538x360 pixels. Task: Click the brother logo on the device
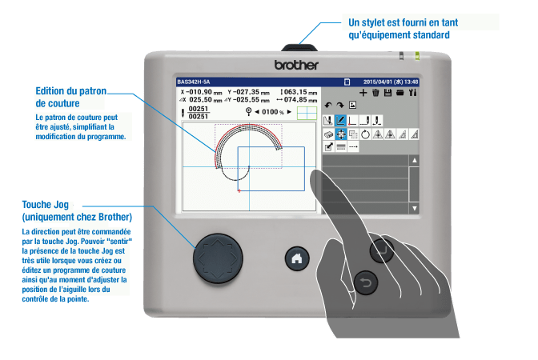[x=296, y=64]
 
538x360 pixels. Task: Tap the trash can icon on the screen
[x=375, y=93]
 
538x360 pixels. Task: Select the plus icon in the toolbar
[x=363, y=93]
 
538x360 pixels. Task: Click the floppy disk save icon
[x=387, y=93]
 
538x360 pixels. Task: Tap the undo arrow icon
[x=328, y=106]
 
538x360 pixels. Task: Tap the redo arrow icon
[x=340, y=106]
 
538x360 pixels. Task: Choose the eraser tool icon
[x=328, y=135]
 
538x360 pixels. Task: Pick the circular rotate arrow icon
[x=366, y=135]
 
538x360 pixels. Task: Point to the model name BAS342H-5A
[x=194, y=82]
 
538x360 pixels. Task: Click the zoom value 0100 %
[x=271, y=111]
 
